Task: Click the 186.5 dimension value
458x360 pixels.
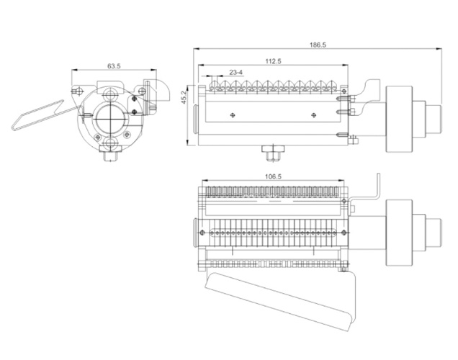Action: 318,45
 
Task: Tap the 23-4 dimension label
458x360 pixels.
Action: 235,72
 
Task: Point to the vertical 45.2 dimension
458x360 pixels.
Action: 184,97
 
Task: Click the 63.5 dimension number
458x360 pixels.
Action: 114,66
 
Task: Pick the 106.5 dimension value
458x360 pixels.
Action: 273,176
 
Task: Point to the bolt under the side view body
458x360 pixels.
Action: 272,153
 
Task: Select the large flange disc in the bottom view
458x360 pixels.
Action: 398,231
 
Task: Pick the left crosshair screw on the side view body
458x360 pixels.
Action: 232,114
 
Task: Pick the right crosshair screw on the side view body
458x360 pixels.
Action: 313,114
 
